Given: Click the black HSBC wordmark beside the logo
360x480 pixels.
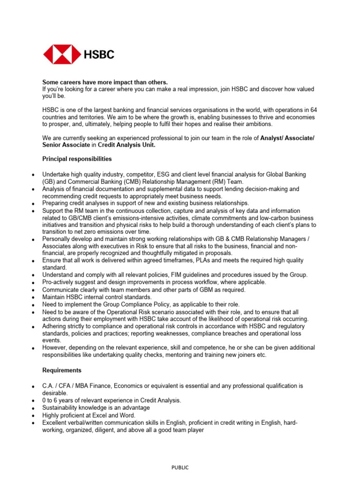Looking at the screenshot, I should coord(99,55).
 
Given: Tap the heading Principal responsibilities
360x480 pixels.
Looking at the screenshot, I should coord(77,158).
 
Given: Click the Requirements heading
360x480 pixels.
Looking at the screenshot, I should coord(62,370).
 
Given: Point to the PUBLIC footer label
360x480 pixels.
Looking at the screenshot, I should coord(180,467).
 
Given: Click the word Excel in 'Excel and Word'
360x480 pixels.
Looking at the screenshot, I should coord(94,415).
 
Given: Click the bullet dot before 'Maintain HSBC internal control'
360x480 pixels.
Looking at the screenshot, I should coord(32,298).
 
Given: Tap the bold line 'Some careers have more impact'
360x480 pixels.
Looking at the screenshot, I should coord(105,82).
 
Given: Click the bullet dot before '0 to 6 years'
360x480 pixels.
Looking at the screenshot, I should coord(32,401).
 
